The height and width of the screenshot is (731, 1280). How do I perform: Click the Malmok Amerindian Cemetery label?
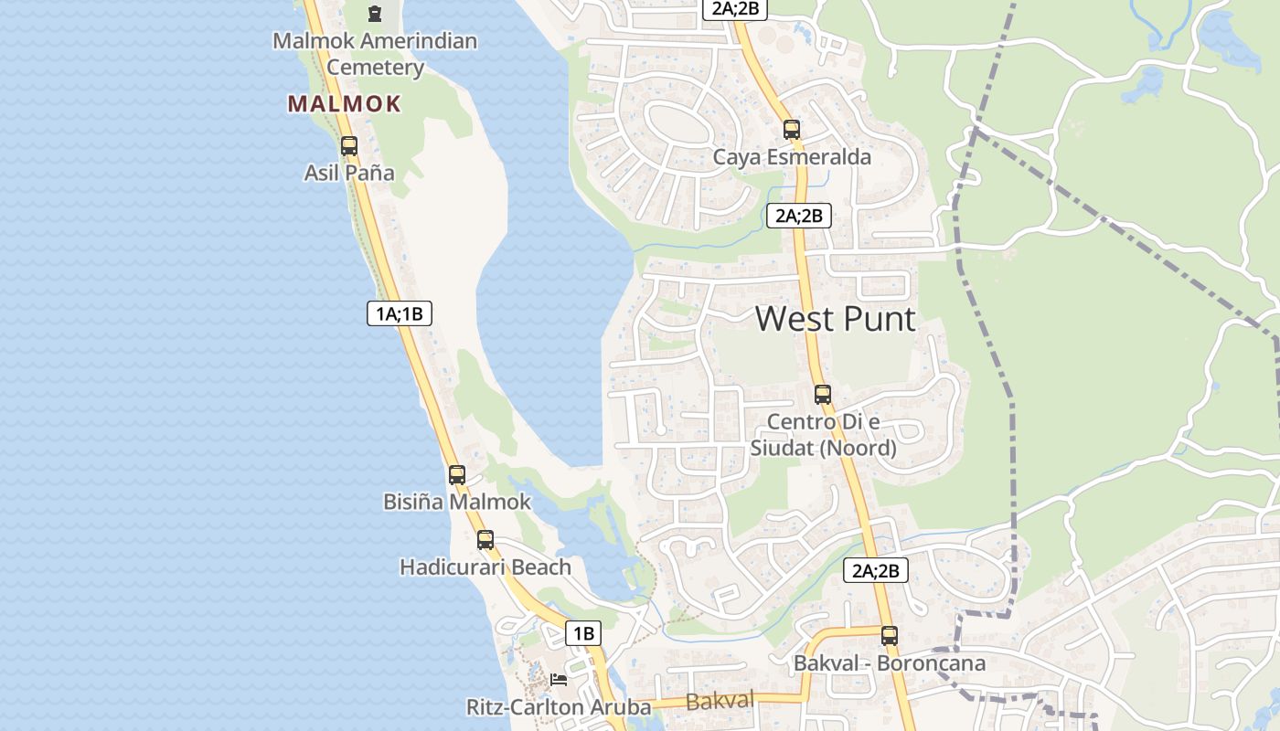click(x=375, y=54)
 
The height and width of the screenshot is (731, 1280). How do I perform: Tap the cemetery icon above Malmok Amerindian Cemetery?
click(x=375, y=14)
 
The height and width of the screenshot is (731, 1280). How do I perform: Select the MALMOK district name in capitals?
click(x=345, y=104)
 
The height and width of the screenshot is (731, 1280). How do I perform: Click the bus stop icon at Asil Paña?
click(x=348, y=145)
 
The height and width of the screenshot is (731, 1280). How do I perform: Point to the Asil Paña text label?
click(x=349, y=173)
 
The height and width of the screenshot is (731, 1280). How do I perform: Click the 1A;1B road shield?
click(x=400, y=313)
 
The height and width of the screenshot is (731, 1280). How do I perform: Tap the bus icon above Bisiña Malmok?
click(x=457, y=475)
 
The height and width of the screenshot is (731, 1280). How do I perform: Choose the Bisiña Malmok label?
click(x=456, y=502)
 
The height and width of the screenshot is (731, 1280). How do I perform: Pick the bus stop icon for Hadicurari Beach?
click(x=485, y=540)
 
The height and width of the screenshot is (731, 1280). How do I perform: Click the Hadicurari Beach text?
click(x=485, y=567)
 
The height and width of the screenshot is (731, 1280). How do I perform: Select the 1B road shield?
click(x=583, y=632)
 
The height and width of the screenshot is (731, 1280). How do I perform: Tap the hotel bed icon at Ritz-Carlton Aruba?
click(x=559, y=680)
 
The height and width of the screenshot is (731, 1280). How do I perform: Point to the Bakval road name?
click(x=720, y=702)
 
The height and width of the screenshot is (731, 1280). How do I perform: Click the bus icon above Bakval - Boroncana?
click(x=890, y=636)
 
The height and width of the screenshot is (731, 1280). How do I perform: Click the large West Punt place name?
click(x=836, y=319)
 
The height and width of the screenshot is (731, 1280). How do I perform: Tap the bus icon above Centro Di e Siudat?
click(x=823, y=395)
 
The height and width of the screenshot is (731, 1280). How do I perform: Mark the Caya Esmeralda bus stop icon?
click(x=792, y=130)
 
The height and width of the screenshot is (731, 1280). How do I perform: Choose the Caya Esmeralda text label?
click(x=792, y=157)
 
